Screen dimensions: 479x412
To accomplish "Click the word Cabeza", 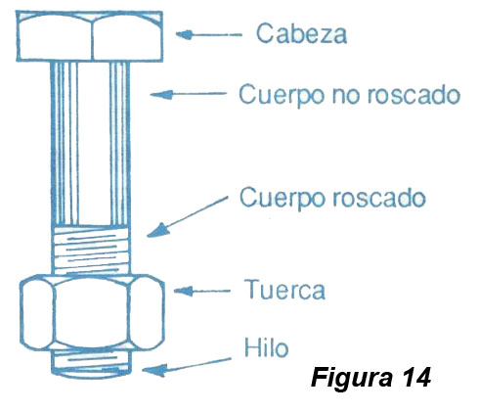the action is click(301, 33).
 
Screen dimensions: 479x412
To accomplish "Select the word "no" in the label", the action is click(346, 96).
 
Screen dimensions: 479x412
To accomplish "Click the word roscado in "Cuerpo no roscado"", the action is click(414, 95).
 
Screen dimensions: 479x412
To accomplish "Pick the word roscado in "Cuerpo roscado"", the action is click(379, 198).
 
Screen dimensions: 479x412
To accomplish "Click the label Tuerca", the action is click(284, 290).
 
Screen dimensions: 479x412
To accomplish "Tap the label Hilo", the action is click(266, 347).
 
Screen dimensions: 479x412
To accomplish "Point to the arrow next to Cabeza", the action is click(209, 34).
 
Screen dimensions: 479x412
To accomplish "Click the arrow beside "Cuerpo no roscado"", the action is click(189, 94).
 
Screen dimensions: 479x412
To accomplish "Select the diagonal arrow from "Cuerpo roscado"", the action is click(188, 216).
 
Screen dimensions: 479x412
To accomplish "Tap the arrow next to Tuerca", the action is click(202, 291).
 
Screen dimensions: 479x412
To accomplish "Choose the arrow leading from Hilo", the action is click(187, 367).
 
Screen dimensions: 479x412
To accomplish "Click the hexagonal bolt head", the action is click(90, 36).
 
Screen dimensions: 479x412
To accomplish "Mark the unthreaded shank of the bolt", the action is click(90, 144).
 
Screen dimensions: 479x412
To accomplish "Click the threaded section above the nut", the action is click(91, 251).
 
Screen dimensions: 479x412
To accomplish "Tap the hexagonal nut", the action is click(92, 312).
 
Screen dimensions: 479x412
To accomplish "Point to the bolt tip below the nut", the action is click(92, 364).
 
